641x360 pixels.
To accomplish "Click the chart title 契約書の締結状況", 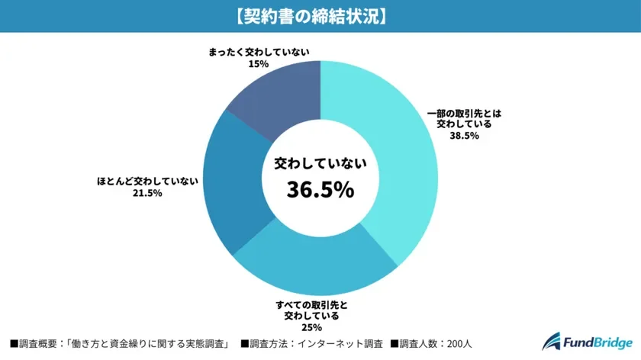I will point(320,16).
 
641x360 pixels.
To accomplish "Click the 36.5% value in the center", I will point(320,189).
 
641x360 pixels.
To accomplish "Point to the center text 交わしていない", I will point(320,163).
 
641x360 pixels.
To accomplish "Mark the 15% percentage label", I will point(258,65).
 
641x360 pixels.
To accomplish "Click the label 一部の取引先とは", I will point(464,112).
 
